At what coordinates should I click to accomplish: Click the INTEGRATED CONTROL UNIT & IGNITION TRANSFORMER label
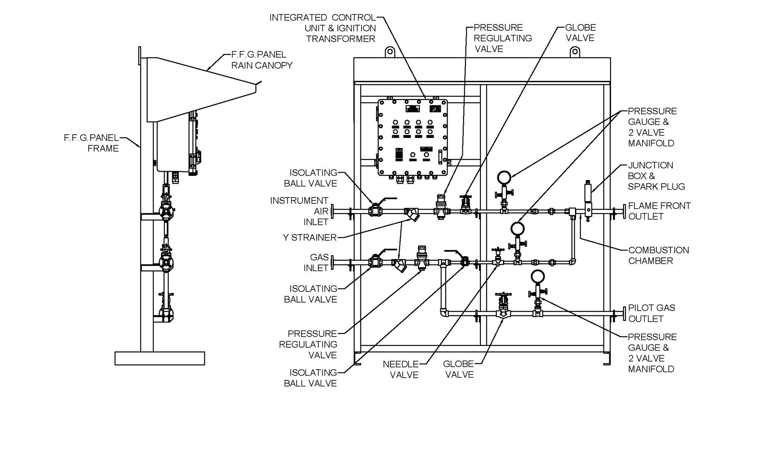click(322, 28)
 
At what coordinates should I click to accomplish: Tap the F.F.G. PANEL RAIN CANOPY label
click(261, 60)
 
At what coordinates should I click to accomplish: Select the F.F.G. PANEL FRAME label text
click(91, 143)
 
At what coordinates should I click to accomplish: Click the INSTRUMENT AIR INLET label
click(299, 211)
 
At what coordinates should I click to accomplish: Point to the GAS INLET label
click(316, 263)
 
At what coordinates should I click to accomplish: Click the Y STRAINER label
click(309, 237)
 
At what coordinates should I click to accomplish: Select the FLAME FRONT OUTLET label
click(659, 211)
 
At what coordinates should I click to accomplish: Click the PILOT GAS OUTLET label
click(651, 313)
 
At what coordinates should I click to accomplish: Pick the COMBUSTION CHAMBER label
click(658, 256)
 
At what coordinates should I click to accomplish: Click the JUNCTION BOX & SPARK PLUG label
click(656, 176)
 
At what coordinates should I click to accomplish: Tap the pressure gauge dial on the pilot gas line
click(538, 276)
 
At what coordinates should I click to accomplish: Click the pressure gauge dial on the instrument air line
click(504, 178)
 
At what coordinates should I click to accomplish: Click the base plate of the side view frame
click(159, 358)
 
